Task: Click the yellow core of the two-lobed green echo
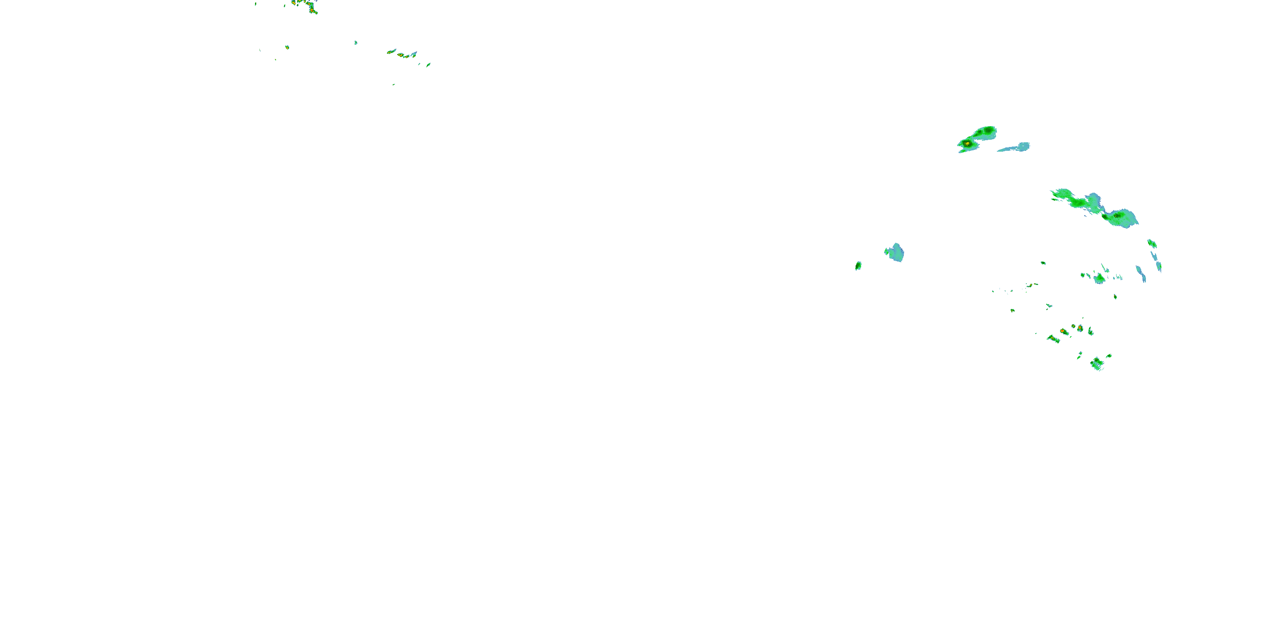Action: click(967, 144)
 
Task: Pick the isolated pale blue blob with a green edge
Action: click(895, 253)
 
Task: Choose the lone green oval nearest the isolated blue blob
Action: click(858, 266)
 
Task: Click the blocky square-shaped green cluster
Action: click(1097, 364)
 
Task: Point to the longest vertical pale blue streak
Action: click(1141, 274)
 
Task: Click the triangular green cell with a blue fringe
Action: click(1099, 278)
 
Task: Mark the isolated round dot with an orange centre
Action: click(287, 48)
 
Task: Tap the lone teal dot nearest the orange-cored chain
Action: click(356, 43)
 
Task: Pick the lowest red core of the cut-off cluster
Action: click(312, 10)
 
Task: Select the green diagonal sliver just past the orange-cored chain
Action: click(428, 64)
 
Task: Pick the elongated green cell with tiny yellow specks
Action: click(1054, 340)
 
